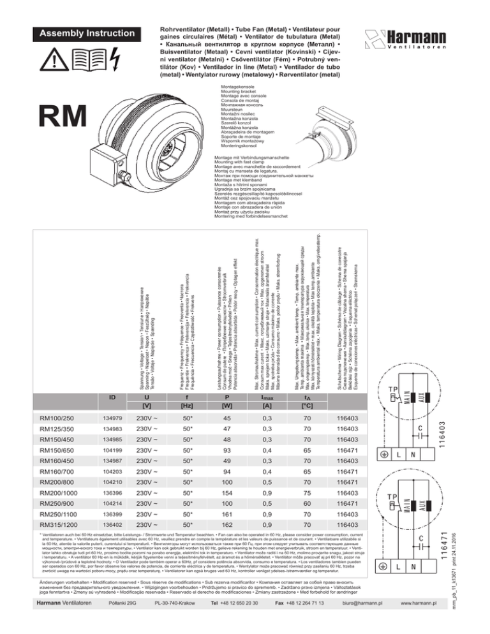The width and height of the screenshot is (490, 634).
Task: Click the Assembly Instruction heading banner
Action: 82,33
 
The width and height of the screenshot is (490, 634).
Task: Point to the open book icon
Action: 85,59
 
